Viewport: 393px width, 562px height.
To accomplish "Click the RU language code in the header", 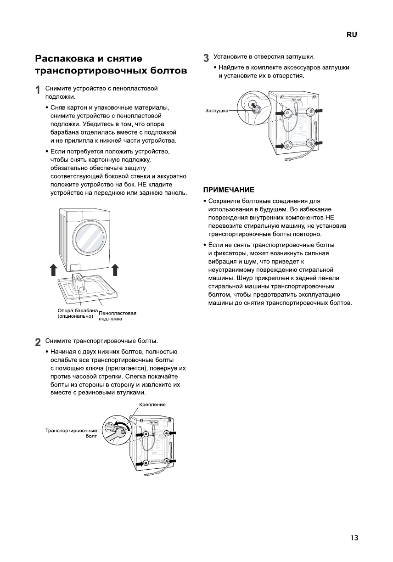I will (x=352, y=35).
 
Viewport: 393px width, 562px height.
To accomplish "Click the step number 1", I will (x=38, y=90).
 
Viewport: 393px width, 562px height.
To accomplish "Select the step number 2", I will (x=38, y=343).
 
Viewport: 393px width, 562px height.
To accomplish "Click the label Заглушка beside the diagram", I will (x=216, y=111).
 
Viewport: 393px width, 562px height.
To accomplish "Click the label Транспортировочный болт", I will (x=71, y=433).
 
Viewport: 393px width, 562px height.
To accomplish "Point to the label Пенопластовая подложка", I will (x=118, y=315).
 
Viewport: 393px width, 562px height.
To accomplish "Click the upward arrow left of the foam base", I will (x=53, y=270).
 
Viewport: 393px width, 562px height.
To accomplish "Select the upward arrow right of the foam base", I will (x=115, y=270).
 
